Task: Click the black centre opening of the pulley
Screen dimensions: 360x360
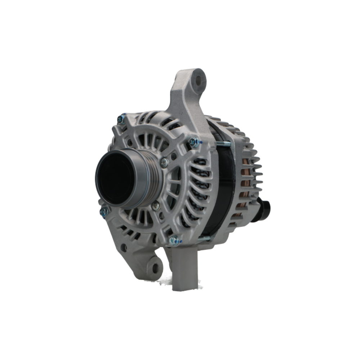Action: (114, 177)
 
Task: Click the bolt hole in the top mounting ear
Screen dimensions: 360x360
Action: (198, 80)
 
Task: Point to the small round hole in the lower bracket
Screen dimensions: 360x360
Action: (123, 247)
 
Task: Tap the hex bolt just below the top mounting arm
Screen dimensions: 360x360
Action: (194, 142)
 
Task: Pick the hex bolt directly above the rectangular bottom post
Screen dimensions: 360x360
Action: (174, 240)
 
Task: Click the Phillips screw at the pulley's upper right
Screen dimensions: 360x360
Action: (165, 163)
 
